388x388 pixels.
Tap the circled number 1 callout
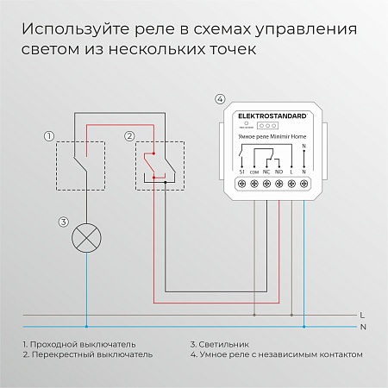coord(49,136)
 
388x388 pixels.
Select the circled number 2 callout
coord(128,136)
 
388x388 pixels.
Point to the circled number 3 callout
coord(63,222)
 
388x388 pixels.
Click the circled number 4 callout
coord(220,99)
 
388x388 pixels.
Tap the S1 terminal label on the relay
coord(241,172)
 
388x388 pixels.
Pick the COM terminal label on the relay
coord(254,172)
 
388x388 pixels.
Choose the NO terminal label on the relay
coord(280,172)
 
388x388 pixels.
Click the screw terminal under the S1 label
coord(241,183)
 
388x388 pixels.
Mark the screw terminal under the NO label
coord(280,183)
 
